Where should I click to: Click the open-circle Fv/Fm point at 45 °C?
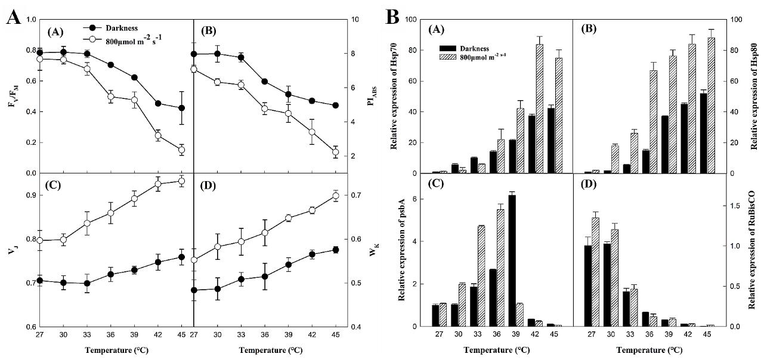pos(181,150)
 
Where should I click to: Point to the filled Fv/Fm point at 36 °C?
pos(110,65)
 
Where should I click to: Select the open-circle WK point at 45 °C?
pos(335,195)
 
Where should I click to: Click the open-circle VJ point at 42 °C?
pos(158,184)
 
